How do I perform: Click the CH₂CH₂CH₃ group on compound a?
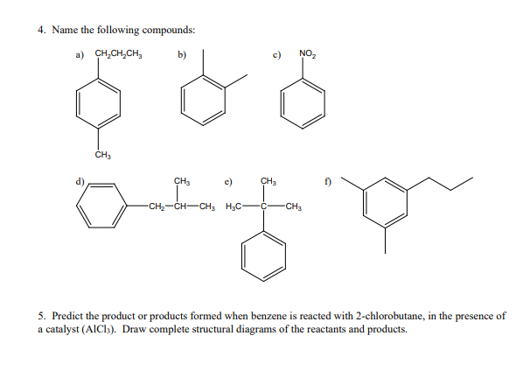(x=119, y=55)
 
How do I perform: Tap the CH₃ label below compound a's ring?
(x=101, y=156)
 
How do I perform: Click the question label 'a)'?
(x=77, y=54)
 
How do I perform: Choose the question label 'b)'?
(x=182, y=54)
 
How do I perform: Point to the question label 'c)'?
(x=277, y=54)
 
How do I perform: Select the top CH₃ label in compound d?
(x=182, y=181)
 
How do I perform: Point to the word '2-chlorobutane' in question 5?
(x=395, y=314)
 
